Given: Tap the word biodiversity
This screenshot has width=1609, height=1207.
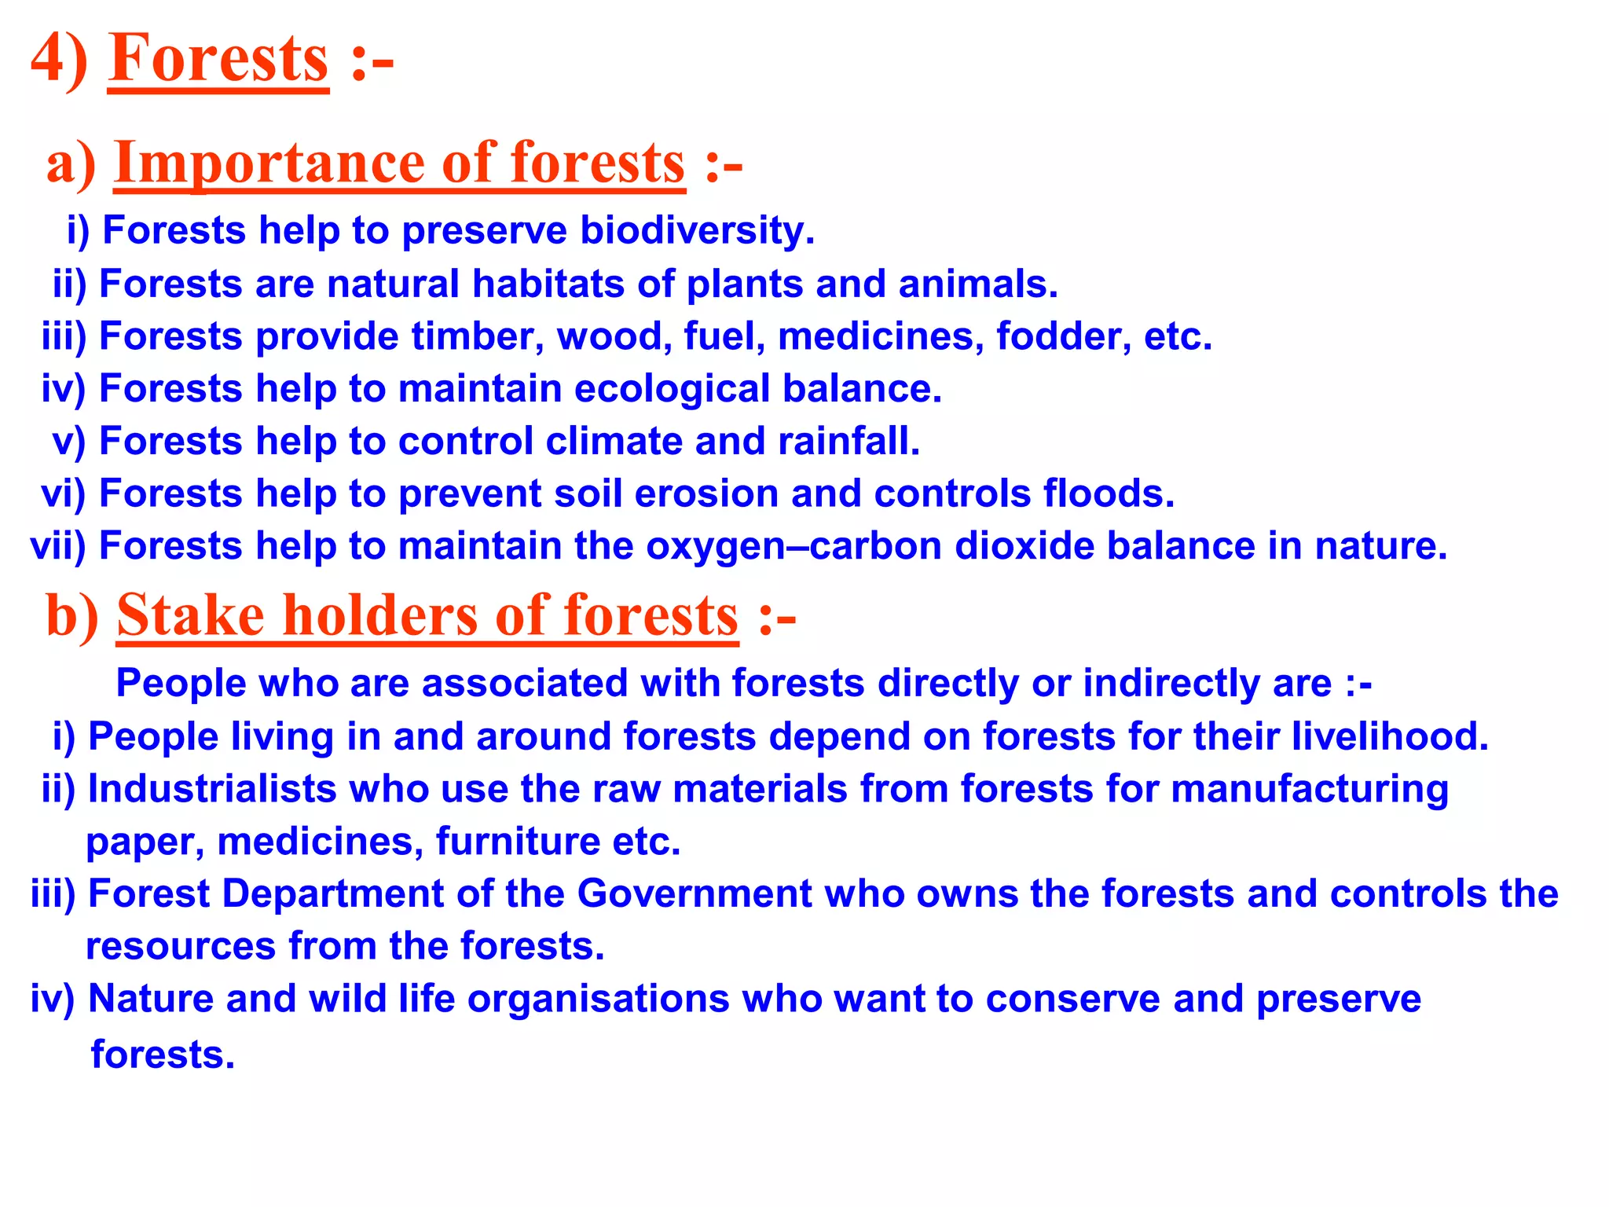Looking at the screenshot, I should pos(697,231).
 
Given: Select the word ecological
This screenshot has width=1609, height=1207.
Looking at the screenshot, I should pos(672,389).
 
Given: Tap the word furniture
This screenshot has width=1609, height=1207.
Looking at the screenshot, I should pos(518,842).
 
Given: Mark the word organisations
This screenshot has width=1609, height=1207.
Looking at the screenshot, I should pos(599,1000).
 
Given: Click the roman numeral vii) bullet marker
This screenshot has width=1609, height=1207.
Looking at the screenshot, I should pos(57,546).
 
